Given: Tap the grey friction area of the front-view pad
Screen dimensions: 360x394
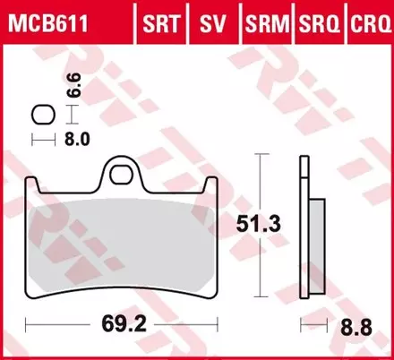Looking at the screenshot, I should [123, 242].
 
